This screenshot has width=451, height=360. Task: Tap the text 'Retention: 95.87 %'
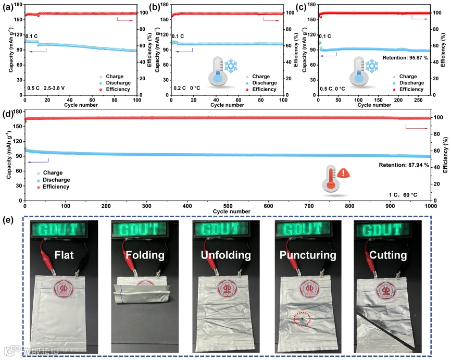(x=405, y=58)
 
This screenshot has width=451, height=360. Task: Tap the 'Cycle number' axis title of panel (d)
(x=228, y=212)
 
